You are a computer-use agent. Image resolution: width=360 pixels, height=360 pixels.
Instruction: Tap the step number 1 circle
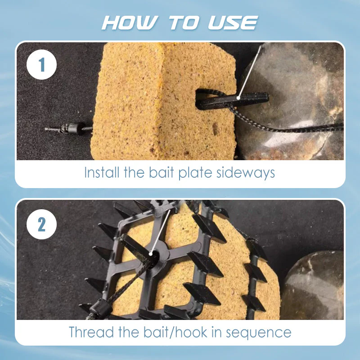[42, 65]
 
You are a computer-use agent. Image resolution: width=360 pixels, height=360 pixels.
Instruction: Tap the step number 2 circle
[42, 224]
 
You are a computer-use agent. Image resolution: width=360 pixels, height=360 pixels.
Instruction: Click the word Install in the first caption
[100, 173]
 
